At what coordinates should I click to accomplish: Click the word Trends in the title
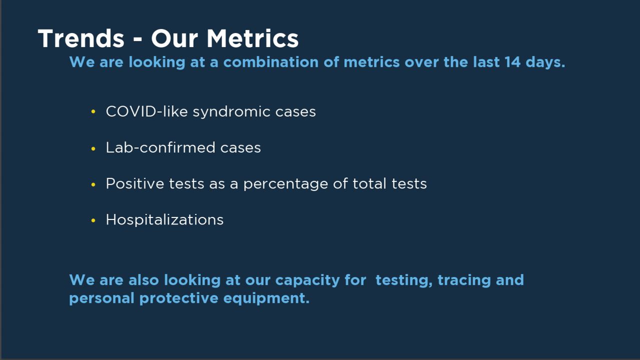click(81, 38)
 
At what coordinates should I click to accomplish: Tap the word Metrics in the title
click(252, 38)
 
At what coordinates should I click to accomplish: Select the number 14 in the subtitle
click(512, 62)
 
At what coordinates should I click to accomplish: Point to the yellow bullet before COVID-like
click(93, 111)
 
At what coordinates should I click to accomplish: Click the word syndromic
click(231, 111)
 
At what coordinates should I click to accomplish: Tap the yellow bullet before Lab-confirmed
click(93, 148)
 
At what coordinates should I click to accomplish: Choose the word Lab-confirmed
click(160, 147)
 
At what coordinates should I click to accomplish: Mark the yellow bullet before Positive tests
click(93, 184)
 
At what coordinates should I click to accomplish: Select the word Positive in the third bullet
click(135, 183)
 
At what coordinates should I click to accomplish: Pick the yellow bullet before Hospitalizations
click(93, 220)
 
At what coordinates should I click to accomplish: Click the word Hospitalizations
click(164, 220)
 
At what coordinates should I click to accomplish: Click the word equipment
click(266, 298)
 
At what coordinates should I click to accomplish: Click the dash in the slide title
click(137, 39)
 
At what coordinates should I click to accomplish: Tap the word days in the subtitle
click(545, 62)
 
